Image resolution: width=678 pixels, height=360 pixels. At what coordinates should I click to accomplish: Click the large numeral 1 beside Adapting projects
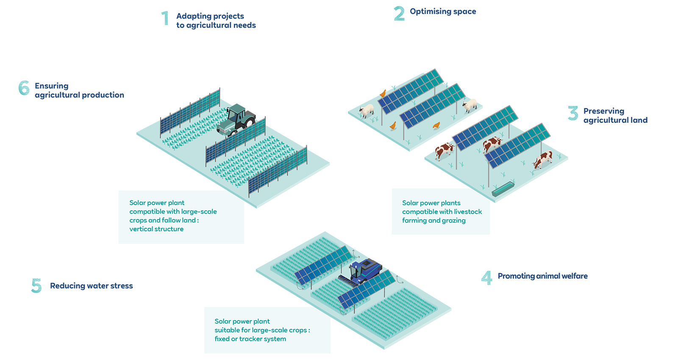click(165, 19)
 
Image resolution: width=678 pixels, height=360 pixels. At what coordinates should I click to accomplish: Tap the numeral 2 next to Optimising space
click(399, 14)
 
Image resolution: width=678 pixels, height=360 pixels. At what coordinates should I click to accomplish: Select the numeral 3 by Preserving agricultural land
click(573, 113)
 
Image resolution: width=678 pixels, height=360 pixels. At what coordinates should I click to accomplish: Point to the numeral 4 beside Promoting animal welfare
click(487, 278)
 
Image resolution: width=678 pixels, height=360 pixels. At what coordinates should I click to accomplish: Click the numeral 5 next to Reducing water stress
click(36, 286)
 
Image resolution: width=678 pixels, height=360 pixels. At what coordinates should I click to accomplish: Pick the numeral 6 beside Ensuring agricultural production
click(24, 88)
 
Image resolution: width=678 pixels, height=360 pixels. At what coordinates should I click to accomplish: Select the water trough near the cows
click(503, 189)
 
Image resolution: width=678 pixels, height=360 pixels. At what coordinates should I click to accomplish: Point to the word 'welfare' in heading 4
click(575, 276)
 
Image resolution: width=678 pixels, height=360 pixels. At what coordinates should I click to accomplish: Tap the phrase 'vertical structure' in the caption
click(156, 229)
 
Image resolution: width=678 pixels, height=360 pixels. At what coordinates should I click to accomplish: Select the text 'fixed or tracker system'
click(250, 339)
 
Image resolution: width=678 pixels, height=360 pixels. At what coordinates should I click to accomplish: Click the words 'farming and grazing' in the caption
click(433, 221)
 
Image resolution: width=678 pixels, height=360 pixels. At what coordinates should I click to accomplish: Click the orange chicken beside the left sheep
click(383, 93)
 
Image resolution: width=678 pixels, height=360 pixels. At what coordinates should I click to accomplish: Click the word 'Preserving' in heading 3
click(603, 111)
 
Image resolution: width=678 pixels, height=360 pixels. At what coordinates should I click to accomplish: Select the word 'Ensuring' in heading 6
click(51, 86)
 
